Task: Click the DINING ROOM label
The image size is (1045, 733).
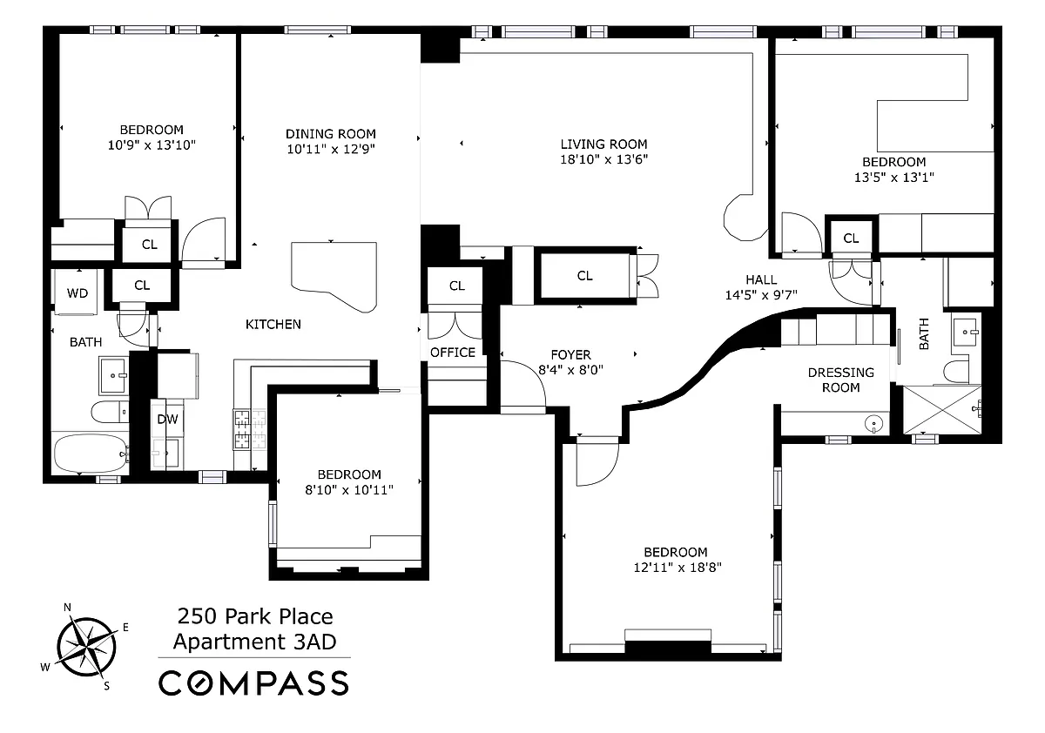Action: coord(331,134)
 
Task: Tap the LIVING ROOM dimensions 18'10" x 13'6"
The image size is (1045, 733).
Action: coord(603,159)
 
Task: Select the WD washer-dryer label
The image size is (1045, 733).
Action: coord(78,293)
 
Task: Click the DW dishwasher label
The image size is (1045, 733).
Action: coord(167,420)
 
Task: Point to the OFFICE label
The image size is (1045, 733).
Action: coord(453,353)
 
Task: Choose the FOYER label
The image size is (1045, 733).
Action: coord(570,355)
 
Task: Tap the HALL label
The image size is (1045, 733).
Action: coord(761,279)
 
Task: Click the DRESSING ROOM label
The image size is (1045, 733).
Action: coord(840,380)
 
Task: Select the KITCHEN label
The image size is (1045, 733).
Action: coord(273,324)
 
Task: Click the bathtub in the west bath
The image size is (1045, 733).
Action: coord(91,454)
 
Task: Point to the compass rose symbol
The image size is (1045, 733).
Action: coord(87,647)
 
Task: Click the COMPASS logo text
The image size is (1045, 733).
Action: coord(253,683)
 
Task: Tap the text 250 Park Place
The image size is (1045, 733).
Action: coord(255,616)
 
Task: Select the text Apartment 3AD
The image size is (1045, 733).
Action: coord(254,642)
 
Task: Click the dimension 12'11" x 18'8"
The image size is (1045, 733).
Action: coord(678,568)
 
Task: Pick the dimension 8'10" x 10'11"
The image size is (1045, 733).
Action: coord(349,490)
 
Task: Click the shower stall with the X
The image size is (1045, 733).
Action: coord(942,410)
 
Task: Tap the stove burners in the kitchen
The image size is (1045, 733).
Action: coord(250,429)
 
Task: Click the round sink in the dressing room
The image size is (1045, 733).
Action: coord(873,424)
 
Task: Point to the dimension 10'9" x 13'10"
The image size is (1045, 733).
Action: coord(152,145)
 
